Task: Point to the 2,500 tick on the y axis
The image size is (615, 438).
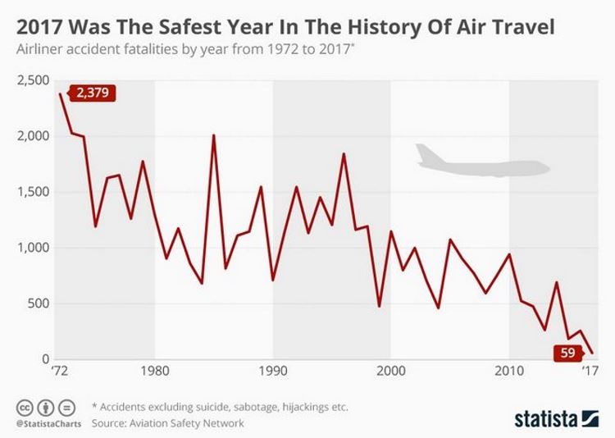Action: (30, 80)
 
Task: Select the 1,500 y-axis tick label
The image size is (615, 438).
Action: (30, 192)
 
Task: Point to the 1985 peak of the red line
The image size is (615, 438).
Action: (214, 135)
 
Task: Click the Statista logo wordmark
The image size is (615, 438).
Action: (544, 419)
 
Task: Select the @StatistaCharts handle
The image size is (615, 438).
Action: (46, 424)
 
